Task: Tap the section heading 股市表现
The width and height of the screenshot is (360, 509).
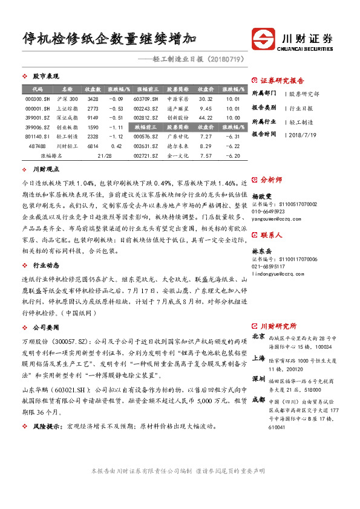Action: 46,77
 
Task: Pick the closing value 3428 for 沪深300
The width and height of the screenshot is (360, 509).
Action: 93,99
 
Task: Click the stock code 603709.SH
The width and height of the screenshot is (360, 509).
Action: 146,99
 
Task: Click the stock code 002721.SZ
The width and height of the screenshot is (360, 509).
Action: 146,155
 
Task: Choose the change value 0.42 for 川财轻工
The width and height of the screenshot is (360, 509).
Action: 116,146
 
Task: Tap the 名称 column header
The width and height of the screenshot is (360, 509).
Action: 67,89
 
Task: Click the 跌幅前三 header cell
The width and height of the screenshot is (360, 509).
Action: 146,127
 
